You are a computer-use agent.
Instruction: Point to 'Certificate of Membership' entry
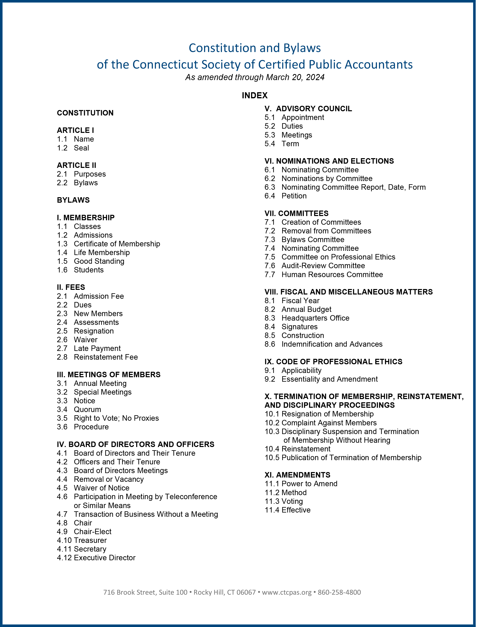[x=117, y=244]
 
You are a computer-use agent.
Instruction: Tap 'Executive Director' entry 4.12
[x=104, y=558]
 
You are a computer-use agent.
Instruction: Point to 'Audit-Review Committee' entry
[x=323, y=266]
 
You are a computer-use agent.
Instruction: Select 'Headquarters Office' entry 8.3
[x=315, y=318]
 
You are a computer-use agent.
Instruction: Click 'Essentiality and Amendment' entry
[x=329, y=379]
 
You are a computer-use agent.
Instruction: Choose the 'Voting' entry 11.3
[x=292, y=501]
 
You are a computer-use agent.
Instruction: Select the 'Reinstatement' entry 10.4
[x=306, y=449]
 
